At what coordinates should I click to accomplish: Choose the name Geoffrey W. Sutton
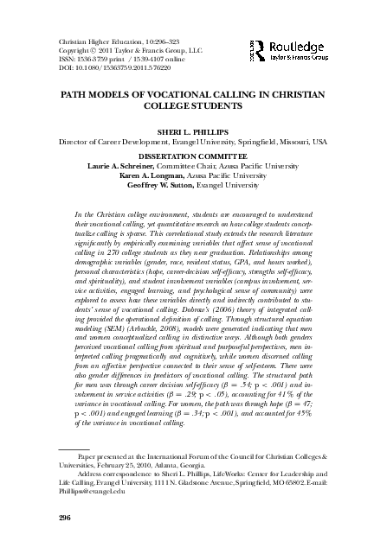tap(161, 181)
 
